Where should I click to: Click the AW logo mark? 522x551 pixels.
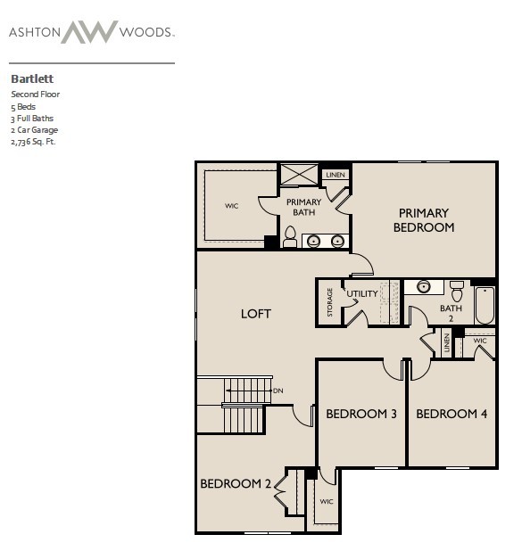pyautogui.click(x=89, y=32)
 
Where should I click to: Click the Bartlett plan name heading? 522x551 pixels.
pyautogui.click(x=32, y=78)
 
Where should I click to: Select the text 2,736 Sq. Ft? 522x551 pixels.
pyautogui.click(x=33, y=142)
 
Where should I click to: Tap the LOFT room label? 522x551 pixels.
pyautogui.click(x=256, y=314)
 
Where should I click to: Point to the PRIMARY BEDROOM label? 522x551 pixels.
pyautogui.click(x=424, y=220)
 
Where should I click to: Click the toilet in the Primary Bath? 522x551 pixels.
pyautogui.click(x=290, y=236)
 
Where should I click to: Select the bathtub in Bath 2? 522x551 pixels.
pyautogui.click(x=485, y=306)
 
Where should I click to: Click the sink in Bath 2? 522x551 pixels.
pyautogui.click(x=424, y=287)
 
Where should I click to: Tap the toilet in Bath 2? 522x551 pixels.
pyautogui.click(x=457, y=291)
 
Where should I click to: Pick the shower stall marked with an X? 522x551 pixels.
pyautogui.click(x=299, y=174)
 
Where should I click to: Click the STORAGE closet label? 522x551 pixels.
pyautogui.click(x=329, y=302)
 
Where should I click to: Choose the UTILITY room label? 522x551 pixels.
pyautogui.click(x=362, y=293)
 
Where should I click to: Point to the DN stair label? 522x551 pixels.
pyautogui.click(x=278, y=391)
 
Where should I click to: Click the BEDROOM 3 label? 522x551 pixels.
pyautogui.click(x=361, y=414)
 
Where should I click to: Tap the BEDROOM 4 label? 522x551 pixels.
pyautogui.click(x=452, y=414)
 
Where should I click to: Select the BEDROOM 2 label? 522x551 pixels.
pyautogui.click(x=236, y=483)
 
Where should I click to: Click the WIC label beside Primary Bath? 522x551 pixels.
pyautogui.click(x=231, y=206)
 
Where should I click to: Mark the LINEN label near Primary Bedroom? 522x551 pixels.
pyautogui.click(x=336, y=175)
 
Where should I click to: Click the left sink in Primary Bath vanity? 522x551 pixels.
pyautogui.click(x=313, y=241)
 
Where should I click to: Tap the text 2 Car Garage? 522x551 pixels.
pyautogui.click(x=35, y=130)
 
